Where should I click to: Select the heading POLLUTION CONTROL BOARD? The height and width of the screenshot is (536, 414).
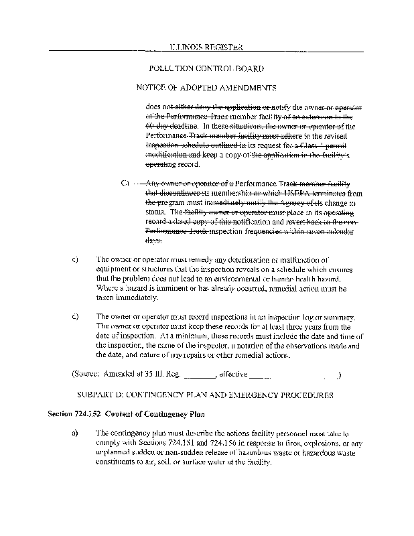[206, 68]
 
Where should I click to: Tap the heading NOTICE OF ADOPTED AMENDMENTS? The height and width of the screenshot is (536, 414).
[206, 88]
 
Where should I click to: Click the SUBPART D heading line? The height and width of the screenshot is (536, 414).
[206, 395]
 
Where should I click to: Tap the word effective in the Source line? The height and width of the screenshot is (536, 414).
[233, 375]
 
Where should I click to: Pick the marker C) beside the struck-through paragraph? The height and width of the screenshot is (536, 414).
[125, 182]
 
